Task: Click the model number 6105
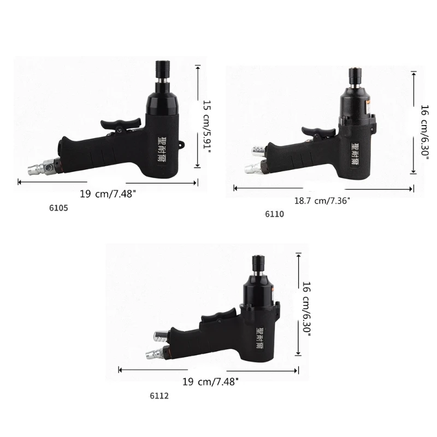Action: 58,208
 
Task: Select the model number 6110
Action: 275,214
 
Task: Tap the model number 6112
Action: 159,395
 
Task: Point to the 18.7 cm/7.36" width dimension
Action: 322,200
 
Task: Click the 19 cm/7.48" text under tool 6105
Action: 108,194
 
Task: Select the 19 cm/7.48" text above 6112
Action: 210,381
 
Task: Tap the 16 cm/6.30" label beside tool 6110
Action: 425,132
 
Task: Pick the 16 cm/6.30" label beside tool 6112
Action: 306,309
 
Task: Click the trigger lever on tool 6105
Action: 121,124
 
